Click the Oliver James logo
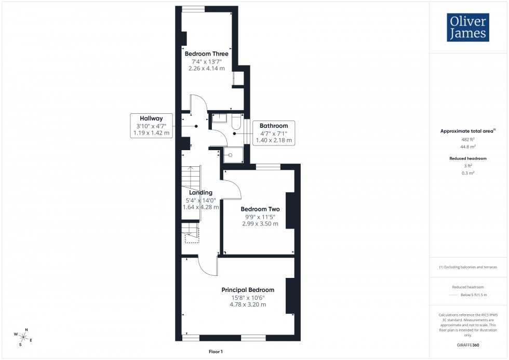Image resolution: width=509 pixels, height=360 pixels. [467, 28]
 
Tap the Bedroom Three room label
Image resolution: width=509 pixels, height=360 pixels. [206, 54]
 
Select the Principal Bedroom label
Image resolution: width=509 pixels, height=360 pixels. [248, 290]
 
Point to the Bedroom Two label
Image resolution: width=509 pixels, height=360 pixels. [260, 209]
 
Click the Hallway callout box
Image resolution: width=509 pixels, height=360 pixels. [151, 126]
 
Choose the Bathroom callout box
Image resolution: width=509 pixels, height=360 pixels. [273, 133]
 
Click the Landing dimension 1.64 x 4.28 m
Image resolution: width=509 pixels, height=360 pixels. [200, 207]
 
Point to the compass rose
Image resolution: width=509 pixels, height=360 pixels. [24, 336]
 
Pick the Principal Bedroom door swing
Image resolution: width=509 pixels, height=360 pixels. [208, 266]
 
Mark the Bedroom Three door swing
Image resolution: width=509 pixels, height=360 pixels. [198, 104]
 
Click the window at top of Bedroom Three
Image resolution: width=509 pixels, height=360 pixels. [193, 8]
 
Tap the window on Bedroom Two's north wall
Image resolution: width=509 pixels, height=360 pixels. [269, 167]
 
